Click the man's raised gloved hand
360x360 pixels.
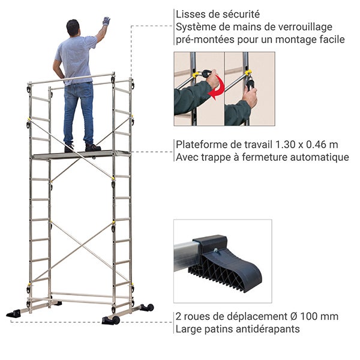[x=106, y=21]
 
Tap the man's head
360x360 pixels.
[x=73, y=28]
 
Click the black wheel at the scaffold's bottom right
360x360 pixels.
[x=148, y=308]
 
